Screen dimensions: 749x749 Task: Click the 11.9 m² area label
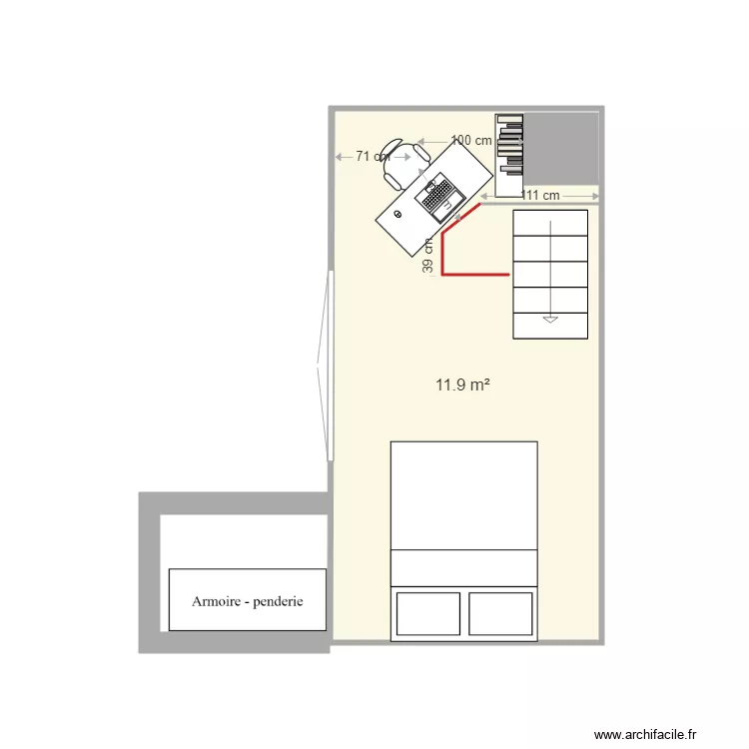click(x=461, y=383)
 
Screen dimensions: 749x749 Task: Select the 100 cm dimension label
click(x=471, y=141)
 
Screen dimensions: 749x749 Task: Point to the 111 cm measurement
click(x=540, y=195)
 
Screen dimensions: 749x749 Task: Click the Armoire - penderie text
click(x=247, y=601)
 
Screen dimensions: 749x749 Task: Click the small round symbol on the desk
click(x=398, y=214)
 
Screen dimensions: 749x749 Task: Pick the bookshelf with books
click(x=509, y=155)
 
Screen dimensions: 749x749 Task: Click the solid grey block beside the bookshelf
click(x=561, y=149)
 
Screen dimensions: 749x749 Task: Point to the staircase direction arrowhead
click(x=549, y=320)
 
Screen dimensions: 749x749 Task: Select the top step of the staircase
click(x=550, y=223)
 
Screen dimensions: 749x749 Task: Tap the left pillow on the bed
click(x=428, y=613)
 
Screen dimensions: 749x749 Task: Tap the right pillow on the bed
click(x=499, y=613)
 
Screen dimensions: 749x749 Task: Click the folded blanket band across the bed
click(x=463, y=567)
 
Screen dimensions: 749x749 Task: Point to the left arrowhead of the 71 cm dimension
click(x=339, y=157)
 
